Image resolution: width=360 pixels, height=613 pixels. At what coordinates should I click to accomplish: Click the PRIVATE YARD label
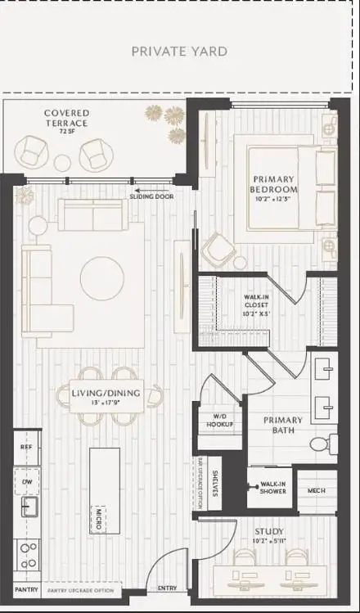180,52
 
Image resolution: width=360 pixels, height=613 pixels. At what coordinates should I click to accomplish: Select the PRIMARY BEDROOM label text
274,184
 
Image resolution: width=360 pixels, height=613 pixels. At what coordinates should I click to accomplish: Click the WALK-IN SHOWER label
272,487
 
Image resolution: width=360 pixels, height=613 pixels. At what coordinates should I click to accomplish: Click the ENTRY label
166,588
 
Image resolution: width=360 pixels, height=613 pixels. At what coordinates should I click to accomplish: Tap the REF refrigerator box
26,448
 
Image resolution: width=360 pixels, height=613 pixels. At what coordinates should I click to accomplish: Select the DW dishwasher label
27,481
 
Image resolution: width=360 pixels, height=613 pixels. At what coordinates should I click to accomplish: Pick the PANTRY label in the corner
26,588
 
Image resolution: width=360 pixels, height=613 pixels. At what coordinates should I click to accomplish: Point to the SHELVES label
215,483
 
